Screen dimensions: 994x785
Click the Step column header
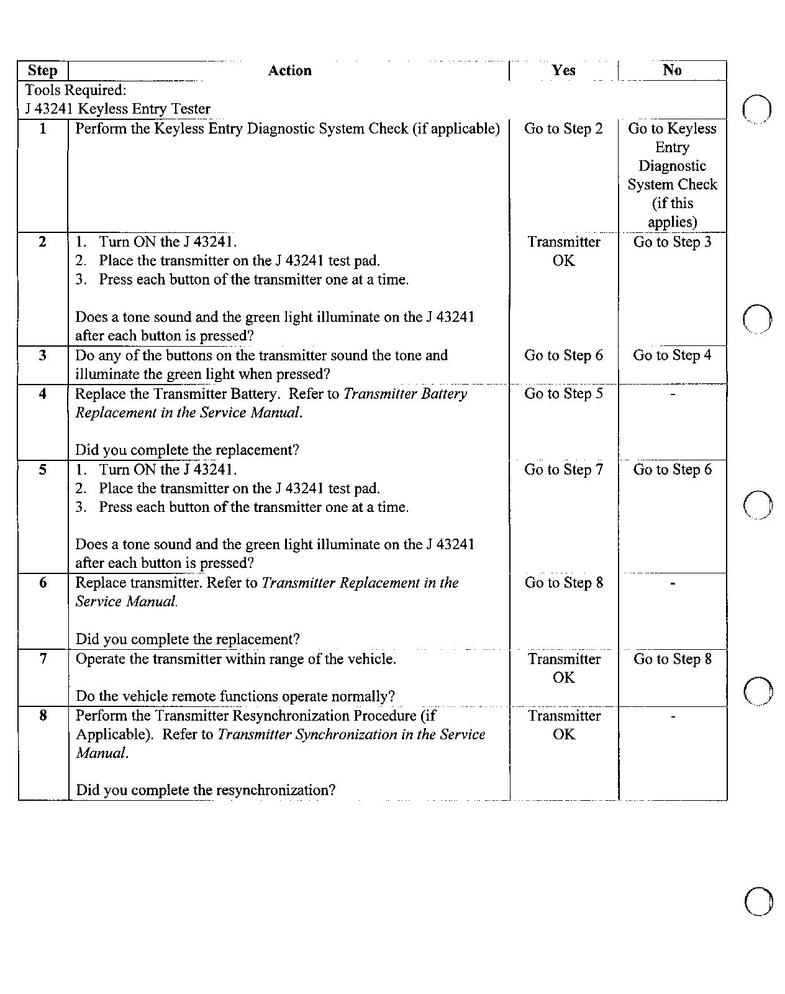(42, 71)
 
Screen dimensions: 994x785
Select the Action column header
(289, 71)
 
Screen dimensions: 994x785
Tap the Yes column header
(563, 70)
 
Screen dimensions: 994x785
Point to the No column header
(672, 70)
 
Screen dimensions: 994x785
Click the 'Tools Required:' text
(76, 91)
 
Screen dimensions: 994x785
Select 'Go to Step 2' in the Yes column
(563, 129)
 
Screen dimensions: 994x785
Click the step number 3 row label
(42, 355)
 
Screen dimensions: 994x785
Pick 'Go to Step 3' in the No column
(672, 242)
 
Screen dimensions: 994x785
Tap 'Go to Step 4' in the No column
(672, 355)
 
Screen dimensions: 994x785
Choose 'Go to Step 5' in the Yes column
(563, 394)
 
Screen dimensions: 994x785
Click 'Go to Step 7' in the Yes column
(563, 470)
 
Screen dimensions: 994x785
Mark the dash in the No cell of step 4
(673, 394)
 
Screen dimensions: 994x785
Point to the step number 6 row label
(42, 583)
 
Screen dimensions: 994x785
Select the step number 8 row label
(42, 716)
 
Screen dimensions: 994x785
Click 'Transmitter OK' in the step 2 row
(564, 251)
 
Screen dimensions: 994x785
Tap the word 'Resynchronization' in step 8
(291, 716)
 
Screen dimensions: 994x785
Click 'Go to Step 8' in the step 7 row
(672, 659)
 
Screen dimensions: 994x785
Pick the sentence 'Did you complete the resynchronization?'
(206, 790)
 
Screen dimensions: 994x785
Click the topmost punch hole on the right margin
(757, 109)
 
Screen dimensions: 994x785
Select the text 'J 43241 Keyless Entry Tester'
(117, 109)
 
